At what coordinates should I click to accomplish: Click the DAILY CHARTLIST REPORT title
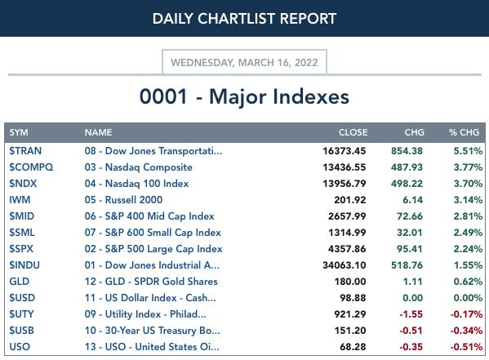244,19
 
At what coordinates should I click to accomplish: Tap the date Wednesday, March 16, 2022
244,62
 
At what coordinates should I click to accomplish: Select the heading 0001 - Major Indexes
244,96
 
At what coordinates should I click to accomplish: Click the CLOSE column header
353,132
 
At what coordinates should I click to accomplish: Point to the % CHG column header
464,132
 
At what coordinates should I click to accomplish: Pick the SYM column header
19,132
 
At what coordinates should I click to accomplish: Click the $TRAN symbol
25,151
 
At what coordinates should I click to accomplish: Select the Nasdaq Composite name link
139,167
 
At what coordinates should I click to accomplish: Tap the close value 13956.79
345,184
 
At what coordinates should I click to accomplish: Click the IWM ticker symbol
20,200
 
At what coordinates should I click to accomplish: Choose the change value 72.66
410,216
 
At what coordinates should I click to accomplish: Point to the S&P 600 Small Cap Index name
153,233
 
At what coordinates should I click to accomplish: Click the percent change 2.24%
468,249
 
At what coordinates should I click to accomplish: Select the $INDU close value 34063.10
345,265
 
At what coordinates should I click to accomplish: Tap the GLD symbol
20,282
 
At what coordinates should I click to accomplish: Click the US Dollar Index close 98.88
353,298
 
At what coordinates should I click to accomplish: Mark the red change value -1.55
411,314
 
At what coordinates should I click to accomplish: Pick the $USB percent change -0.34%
466,331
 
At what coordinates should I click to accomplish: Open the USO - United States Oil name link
152,347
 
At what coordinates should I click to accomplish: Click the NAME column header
98,132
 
